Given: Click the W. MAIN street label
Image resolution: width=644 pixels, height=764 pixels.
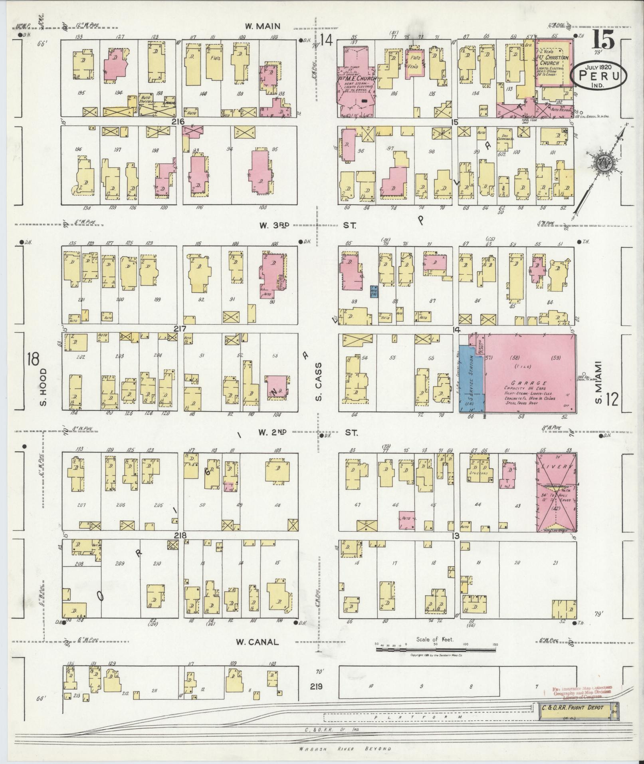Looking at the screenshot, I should (x=262, y=27).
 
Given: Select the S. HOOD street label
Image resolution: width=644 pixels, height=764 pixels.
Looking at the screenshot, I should (x=44, y=386).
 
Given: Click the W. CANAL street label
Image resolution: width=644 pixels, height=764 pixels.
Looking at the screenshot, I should (x=257, y=642).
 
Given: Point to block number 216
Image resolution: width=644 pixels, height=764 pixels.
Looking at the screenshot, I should (x=178, y=121).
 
